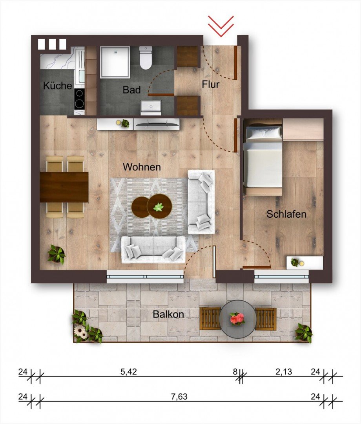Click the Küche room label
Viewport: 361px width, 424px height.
pos(58,86)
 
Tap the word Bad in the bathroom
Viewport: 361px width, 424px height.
pos(131,90)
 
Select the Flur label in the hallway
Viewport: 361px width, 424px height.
pos(211,84)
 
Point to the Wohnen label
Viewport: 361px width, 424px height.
pos(142,167)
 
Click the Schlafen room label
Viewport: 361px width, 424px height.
pos(286,215)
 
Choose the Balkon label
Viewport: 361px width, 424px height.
pos(169,314)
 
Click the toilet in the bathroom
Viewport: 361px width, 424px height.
pos(146,58)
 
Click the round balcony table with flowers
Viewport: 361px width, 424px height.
pos(237,319)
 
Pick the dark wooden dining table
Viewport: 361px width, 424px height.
pos(64,187)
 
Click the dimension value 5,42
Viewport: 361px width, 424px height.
pos(129,372)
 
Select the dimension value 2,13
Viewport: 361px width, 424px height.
pos(284,372)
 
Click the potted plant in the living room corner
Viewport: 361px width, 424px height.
pos(57,254)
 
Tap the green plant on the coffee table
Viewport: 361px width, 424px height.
pos(159,207)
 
